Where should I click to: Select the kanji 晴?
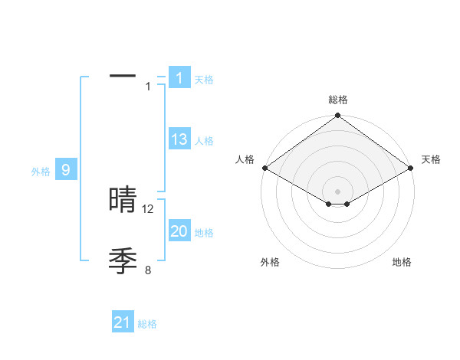click(123, 200)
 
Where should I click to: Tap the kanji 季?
click(123, 261)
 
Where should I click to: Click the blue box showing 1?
click(179, 77)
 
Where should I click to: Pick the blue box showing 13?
click(179, 139)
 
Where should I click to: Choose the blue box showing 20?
click(179, 231)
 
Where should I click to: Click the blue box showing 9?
click(66, 170)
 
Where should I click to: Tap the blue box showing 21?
click(123, 322)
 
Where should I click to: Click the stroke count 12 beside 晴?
click(149, 208)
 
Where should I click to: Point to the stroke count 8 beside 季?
click(149, 270)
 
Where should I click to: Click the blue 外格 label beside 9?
click(41, 172)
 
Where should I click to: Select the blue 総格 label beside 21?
click(147, 324)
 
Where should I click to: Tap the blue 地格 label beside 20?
click(204, 233)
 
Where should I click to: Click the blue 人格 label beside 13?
click(204, 141)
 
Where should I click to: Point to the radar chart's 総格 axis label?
click(337, 100)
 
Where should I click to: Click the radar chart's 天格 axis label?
click(431, 159)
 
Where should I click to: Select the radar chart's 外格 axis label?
click(270, 262)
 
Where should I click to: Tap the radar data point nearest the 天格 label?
click(412, 168)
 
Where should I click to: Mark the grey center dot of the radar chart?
click(337, 191)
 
